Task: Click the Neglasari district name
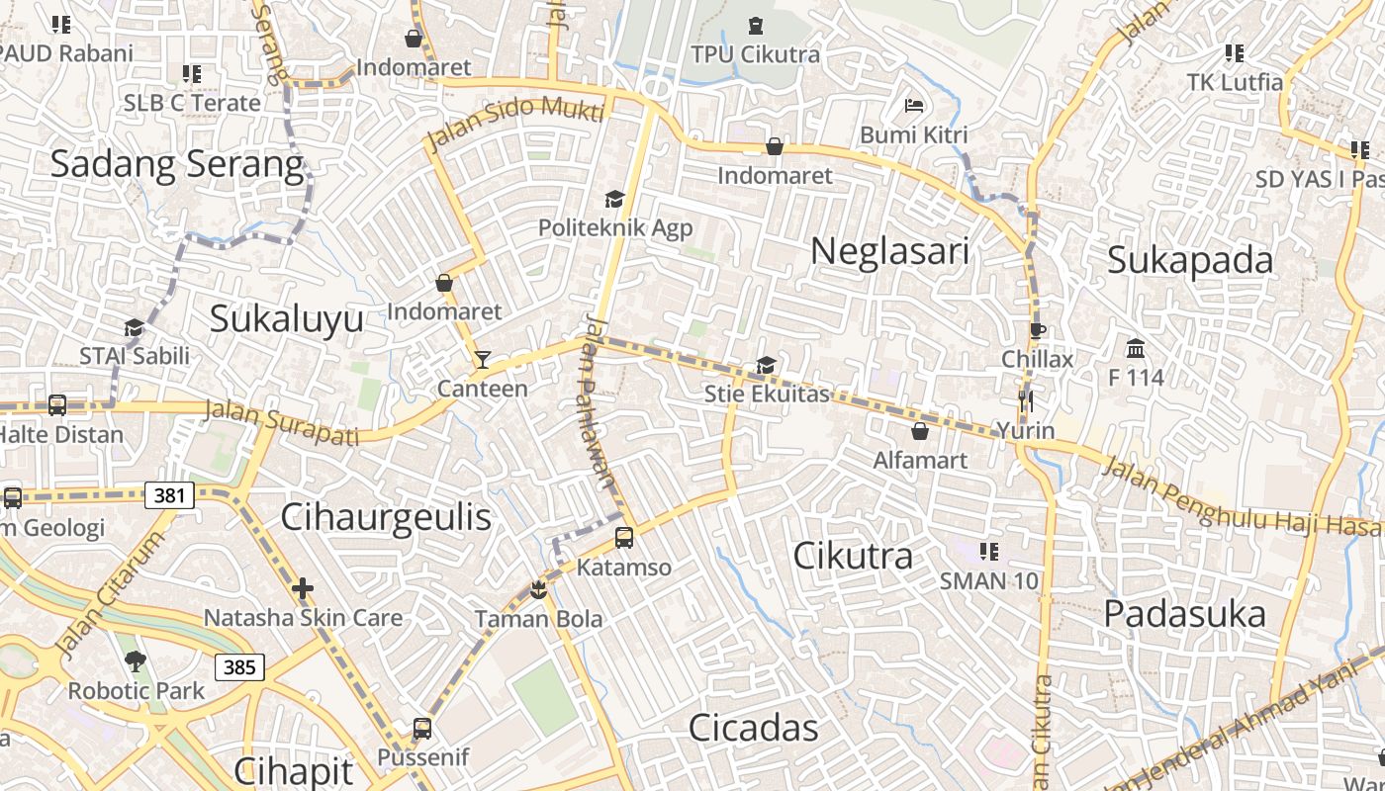pos(889,251)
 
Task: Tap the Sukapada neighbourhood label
pos(1190,260)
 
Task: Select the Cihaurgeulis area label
pos(386,517)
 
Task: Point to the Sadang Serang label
pos(176,164)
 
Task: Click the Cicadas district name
pos(754,729)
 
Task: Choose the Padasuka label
pos(1184,614)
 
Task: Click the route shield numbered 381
pos(169,495)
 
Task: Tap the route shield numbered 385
pos(239,666)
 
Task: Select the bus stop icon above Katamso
pos(623,538)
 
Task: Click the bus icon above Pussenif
pos(422,729)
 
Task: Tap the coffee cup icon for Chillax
pos(1037,330)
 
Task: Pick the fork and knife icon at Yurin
pos(1026,400)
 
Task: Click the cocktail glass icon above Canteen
pos(482,359)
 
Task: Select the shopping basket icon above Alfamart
pos(920,431)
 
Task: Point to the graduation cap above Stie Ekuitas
pos(766,366)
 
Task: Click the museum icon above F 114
pos(1135,348)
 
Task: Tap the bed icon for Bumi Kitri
pos(913,105)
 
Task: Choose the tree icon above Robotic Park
pos(136,661)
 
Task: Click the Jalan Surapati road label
pos(280,422)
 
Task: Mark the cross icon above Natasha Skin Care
pos(303,589)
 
